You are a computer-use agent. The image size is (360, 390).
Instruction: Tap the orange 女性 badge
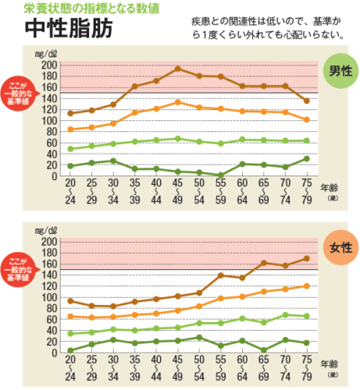pyautogui.click(x=340, y=248)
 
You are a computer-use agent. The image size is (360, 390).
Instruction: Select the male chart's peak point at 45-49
pyautogui.click(x=178, y=69)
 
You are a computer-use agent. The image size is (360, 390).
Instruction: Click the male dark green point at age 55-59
pyautogui.click(x=221, y=175)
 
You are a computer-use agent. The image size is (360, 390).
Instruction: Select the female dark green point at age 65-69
pyautogui.click(x=264, y=350)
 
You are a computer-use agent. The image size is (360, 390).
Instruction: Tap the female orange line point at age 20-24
pyautogui.click(x=71, y=316)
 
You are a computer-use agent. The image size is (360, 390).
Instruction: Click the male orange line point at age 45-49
pyautogui.click(x=178, y=102)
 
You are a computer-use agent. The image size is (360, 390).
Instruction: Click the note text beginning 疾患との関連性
pyautogui.click(x=266, y=28)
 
